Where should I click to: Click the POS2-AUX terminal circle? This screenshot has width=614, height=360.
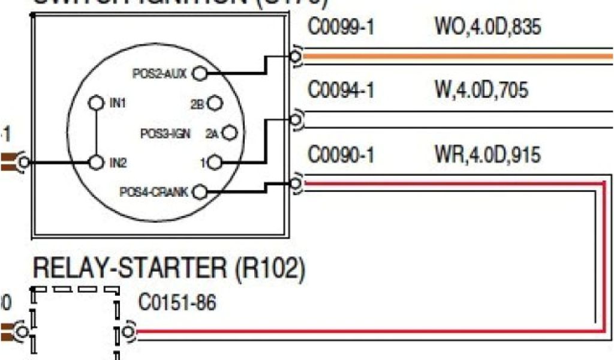coord(200,73)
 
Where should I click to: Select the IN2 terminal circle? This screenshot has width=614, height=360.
coord(95,162)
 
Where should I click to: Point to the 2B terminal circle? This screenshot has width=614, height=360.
coord(216,103)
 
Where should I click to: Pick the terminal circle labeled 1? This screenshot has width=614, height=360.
coord(216,162)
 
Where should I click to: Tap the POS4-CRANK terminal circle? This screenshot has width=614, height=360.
coord(200,192)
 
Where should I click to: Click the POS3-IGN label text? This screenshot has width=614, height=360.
coord(165,133)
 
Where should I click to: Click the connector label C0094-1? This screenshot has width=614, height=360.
coord(341,91)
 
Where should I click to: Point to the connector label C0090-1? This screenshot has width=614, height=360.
coord(341,155)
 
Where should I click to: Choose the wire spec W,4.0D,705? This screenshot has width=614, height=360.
coord(481,91)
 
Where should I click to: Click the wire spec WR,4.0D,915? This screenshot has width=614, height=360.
coord(487,155)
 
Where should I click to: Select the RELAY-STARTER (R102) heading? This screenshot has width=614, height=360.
coord(168,269)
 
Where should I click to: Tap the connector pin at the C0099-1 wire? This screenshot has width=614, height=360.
coord(295,56)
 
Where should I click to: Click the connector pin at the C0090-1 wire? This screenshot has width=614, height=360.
coord(295,182)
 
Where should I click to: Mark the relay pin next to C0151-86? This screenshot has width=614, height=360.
coord(127,331)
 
